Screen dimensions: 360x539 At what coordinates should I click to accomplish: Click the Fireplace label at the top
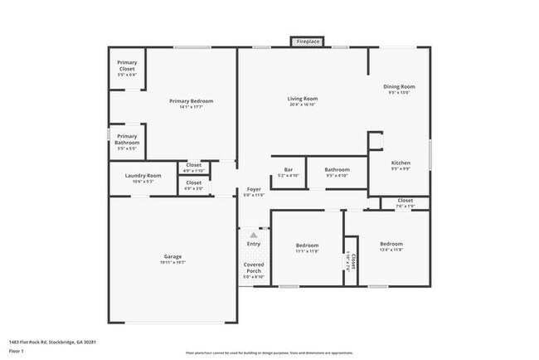pos(308,41)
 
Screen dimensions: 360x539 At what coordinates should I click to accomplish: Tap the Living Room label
pos(303,99)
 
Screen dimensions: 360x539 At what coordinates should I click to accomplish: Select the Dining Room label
pos(399,87)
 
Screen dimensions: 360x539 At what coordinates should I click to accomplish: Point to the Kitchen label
pos(401,163)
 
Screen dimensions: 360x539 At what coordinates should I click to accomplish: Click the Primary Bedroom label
pos(192,101)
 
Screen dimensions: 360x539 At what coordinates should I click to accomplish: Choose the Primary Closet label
pos(127,63)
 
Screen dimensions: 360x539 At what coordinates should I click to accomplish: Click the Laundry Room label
pos(143,176)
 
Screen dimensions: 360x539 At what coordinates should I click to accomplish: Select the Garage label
pos(172,256)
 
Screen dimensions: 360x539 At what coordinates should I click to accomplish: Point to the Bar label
pos(289,170)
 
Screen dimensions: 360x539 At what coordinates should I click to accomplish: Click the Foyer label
pos(254,190)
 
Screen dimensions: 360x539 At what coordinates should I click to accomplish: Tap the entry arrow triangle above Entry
pos(254,236)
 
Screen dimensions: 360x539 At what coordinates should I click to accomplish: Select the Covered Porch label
pos(253,268)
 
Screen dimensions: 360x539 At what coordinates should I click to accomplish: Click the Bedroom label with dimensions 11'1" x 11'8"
pos(308,245)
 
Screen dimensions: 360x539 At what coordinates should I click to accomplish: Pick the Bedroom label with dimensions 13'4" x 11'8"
pos(391,244)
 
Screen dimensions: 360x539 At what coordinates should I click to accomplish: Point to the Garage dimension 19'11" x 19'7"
pos(172,262)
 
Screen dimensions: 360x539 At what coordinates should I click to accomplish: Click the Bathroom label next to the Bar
pos(337,170)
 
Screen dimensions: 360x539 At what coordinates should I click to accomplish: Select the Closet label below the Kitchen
pos(405,200)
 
